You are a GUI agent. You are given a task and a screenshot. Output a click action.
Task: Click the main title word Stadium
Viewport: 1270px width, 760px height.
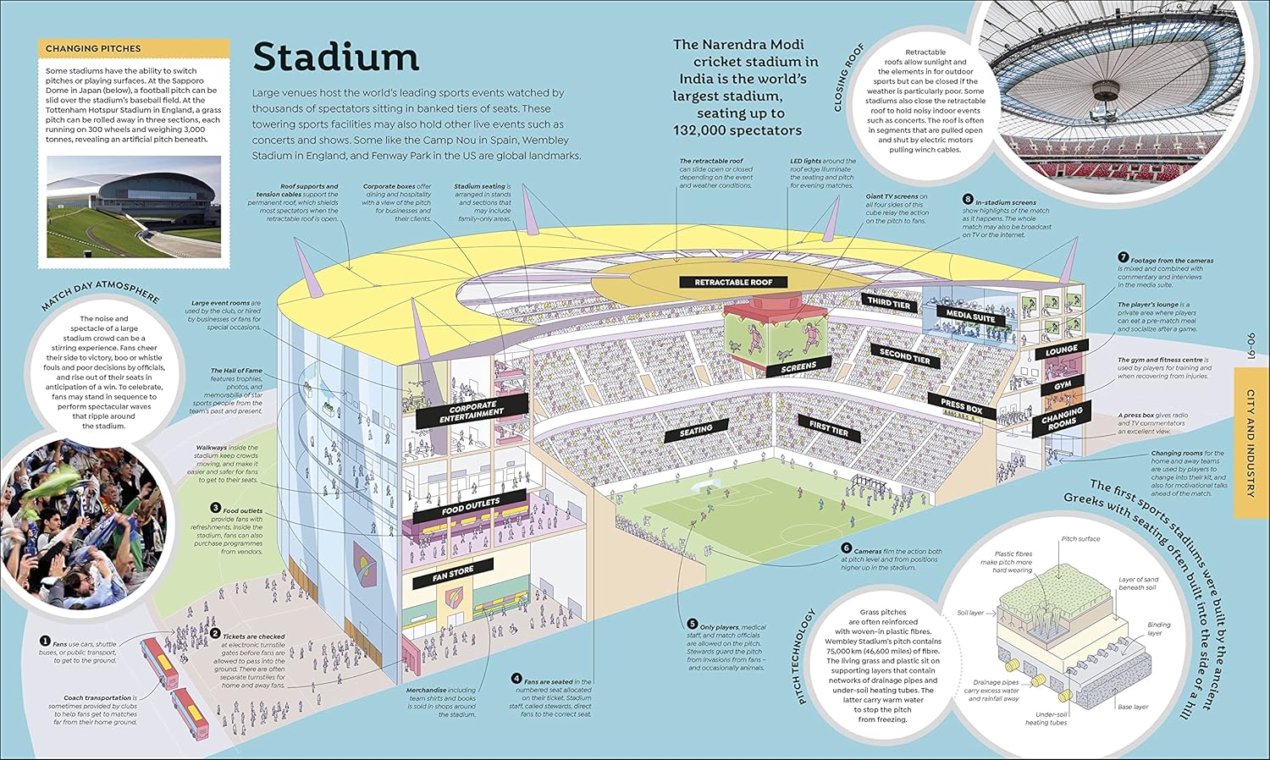(336, 58)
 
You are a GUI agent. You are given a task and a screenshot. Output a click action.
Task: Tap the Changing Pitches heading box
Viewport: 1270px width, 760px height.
(134, 49)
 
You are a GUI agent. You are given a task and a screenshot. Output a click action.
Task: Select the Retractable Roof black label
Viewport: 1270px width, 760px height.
(733, 282)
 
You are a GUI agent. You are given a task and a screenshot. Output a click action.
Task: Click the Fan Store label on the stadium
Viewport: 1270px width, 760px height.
(453, 575)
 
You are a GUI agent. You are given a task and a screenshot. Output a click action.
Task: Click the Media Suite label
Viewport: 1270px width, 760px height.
(970, 316)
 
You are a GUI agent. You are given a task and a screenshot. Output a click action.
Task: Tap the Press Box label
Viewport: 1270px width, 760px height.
(961, 406)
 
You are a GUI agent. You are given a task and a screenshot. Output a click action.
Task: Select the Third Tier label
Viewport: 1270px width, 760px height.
(889, 301)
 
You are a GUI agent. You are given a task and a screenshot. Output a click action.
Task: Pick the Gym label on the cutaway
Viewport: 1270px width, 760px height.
(1063, 385)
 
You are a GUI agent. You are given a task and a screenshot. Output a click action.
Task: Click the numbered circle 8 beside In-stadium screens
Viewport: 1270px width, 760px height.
(968, 201)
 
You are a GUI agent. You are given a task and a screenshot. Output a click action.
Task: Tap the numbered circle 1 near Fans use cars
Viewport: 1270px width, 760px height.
(45, 642)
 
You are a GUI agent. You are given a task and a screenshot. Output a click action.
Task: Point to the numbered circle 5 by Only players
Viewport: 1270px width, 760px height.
(692, 625)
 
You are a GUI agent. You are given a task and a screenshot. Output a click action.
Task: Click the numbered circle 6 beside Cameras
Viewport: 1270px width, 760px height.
(846, 548)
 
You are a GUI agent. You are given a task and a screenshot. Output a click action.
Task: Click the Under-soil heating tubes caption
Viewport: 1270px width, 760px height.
(1046, 719)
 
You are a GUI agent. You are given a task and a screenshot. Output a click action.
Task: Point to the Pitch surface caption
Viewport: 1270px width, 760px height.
(1080, 538)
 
